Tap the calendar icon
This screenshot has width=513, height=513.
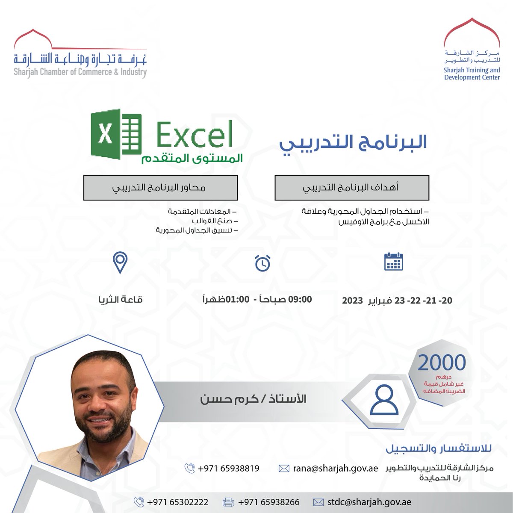pos(393,262)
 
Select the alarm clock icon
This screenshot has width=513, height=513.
pos(262,263)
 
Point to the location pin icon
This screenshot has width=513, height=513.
pos(120,263)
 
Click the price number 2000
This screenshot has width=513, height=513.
pos(442,363)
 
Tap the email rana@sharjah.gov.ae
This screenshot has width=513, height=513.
pos(335,468)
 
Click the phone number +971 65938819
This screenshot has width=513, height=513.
pos(229,468)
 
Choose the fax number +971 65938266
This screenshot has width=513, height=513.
pos(269,502)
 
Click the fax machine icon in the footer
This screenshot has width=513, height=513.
pos(229,502)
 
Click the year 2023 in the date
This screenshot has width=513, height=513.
pos(353,300)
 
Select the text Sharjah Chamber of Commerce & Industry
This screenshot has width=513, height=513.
pos(80,72)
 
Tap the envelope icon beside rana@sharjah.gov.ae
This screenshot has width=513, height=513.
pos(284,468)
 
